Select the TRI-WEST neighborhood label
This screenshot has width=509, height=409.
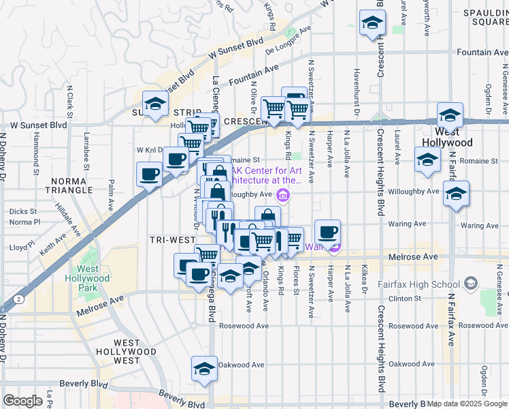[x=174, y=240]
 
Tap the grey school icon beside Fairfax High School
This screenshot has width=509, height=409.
[x=470, y=284]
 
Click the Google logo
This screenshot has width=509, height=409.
[x=22, y=400]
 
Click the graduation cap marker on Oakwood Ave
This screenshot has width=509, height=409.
[x=203, y=369]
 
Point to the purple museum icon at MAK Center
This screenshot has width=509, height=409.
[x=284, y=198]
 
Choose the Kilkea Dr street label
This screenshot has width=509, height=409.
[x=365, y=282]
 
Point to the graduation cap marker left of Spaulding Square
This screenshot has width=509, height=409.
[x=372, y=23]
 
